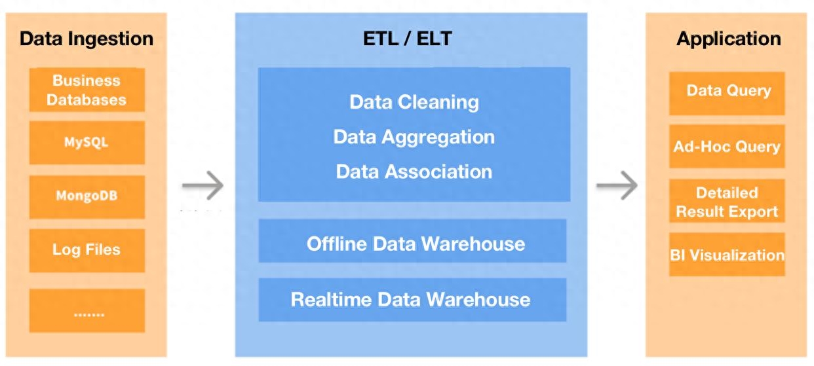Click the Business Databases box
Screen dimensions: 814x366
pos(87,90)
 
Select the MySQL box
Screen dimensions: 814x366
pos(87,142)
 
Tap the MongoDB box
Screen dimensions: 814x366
pos(87,197)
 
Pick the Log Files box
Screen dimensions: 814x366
pos(87,251)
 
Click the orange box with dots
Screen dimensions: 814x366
pos(87,310)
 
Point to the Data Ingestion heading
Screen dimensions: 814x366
pos(87,39)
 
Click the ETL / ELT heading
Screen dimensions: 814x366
pos(408,39)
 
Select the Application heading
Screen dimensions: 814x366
pos(729,39)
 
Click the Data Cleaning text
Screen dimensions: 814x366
pos(414,102)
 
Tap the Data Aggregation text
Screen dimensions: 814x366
pos(414,137)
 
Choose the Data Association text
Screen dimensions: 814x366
pos(414,172)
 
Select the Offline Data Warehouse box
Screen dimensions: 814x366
pos(412,240)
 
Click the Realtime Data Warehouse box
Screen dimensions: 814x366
pos(412,300)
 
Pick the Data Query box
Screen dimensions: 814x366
pos(727,94)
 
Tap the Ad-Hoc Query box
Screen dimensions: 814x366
pos(727,146)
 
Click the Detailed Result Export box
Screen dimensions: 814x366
pos(727,200)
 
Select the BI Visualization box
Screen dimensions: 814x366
pos(727,254)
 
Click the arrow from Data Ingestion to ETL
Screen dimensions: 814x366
pos(203,185)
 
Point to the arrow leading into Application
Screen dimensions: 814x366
pos(617,185)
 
